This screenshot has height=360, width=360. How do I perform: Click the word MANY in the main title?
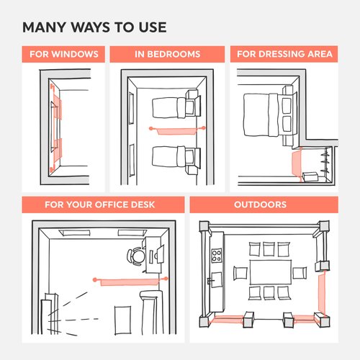coord(45,29)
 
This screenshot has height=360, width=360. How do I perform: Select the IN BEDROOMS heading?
coord(167,55)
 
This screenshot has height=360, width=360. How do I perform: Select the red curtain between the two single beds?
coord(177,130)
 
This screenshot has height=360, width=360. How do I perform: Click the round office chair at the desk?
coord(135,256)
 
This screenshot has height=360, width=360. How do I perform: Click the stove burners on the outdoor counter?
coord(216,255)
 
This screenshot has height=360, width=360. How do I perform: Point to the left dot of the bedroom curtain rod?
coord(150,128)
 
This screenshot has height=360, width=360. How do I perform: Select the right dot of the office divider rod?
coord(166,278)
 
